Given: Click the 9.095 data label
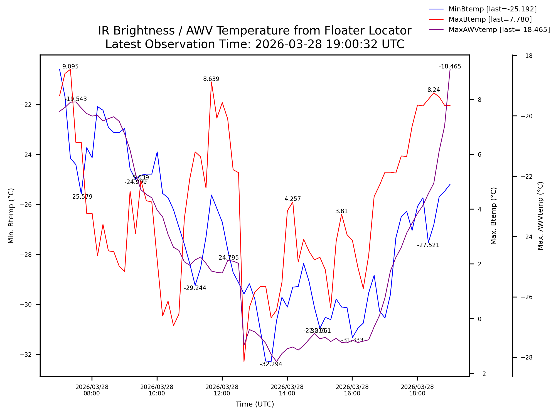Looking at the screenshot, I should (x=70, y=67).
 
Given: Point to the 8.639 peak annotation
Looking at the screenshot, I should (x=211, y=79).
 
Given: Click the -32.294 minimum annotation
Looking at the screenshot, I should (x=271, y=365).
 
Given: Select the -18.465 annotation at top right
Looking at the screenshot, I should (x=450, y=67).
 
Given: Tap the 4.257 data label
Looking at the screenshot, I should (x=292, y=199).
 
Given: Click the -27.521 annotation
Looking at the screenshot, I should (x=428, y=245).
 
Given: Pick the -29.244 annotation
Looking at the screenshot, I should (x=195, y=288).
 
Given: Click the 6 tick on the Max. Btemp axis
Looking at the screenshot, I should (x=479, y=155).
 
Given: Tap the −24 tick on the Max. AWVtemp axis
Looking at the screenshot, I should (x=526, y=237).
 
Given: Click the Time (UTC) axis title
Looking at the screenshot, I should (x=255, y=404).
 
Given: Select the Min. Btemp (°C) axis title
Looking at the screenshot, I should (x=11, y=216).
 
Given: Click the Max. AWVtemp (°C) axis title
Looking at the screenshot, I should (x=540, y=216).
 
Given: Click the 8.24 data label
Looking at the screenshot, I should (x=434, y=90).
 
